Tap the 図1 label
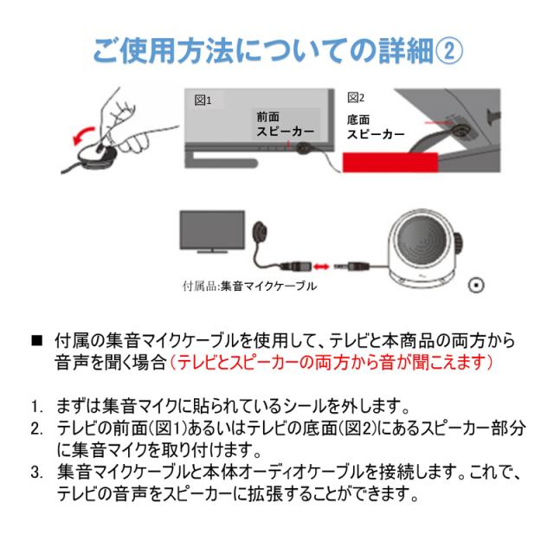tap(203, 100)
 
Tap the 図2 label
tap(356, 98)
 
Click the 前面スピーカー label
tap(285, 125)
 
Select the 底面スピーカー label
tap(375, 127)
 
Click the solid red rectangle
tap(390, 163)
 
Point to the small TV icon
tap(212, 232)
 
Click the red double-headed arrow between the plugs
tap(321, 267)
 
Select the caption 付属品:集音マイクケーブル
tap(249, 286)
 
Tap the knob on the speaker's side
tap(458, 243)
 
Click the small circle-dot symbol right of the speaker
tap(476, 285)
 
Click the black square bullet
tap(36, 340)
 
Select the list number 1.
tap(36, 407)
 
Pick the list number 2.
tap(36, 429)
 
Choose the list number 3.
tap(36, 473)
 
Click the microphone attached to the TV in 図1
tap(303, 148)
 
